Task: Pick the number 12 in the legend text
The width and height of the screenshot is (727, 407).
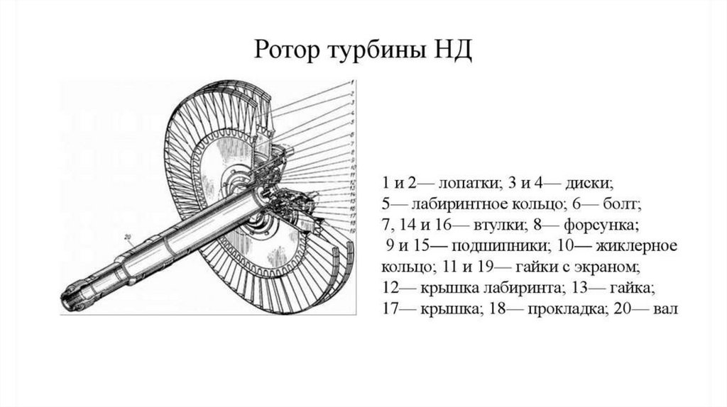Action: (388, 289)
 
